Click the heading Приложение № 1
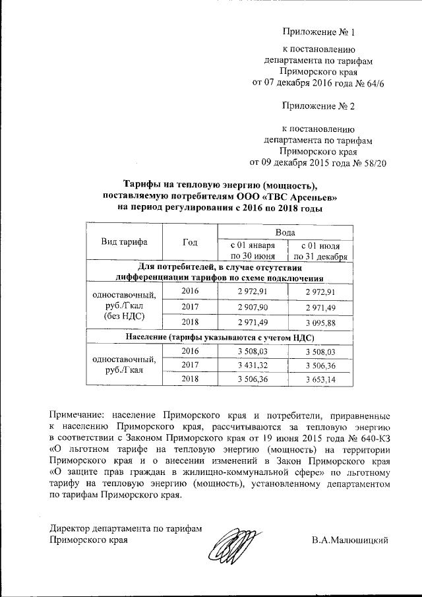tap(318, 31)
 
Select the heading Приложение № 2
tap(318, 106)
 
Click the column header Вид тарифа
tap(124, 241)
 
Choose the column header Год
tap(191, 241)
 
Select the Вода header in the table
tap(285, 233)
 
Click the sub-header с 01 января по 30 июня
tap(253, 251)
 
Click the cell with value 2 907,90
tap(253, 307)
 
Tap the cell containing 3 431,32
tap(253, 365)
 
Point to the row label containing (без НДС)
tap(124, 317)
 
